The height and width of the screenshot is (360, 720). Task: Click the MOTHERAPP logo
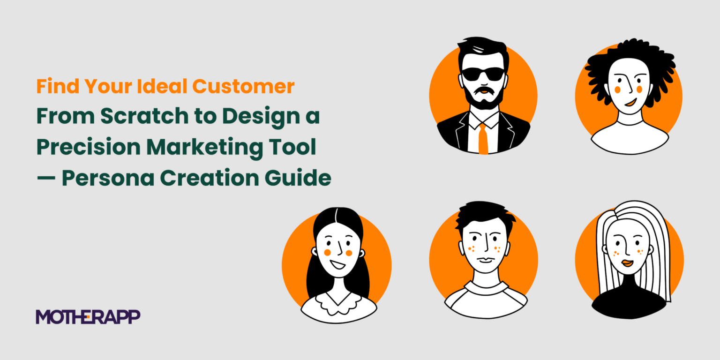tap(88, 317)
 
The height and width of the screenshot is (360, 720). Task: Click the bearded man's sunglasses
tap(483, 74)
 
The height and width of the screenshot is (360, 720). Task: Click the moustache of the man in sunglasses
tap(483, 90)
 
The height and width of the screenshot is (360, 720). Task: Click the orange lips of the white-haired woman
tap(628, 263)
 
